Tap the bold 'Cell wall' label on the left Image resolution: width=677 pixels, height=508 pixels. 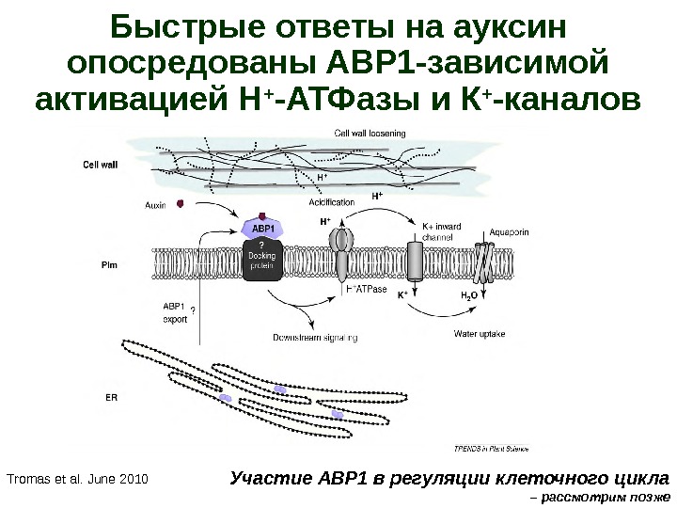point(100,164)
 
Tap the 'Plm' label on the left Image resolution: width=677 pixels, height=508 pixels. point(108,266)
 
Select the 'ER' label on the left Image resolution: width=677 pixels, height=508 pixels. point(111,397)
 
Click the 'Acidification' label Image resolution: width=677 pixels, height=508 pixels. point(331,202)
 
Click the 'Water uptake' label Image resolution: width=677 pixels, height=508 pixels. point(480,333)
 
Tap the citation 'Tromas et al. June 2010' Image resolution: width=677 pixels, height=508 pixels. point(77,480)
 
